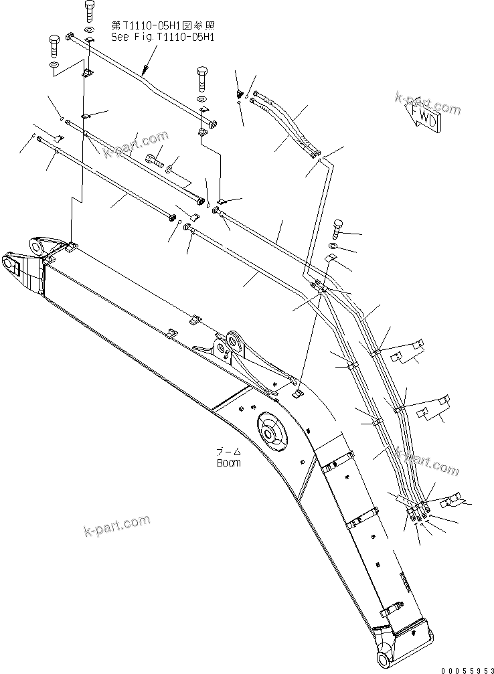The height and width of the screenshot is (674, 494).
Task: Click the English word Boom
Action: [x=228, y=462]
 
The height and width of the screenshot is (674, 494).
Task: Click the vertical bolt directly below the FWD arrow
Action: [x=336, y=228]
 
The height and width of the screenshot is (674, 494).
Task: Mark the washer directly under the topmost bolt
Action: [x=90, y=30]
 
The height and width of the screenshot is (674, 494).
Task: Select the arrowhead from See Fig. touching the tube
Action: [x=143, y=70]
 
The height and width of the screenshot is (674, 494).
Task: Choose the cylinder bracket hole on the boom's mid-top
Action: [x=234, y=344]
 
